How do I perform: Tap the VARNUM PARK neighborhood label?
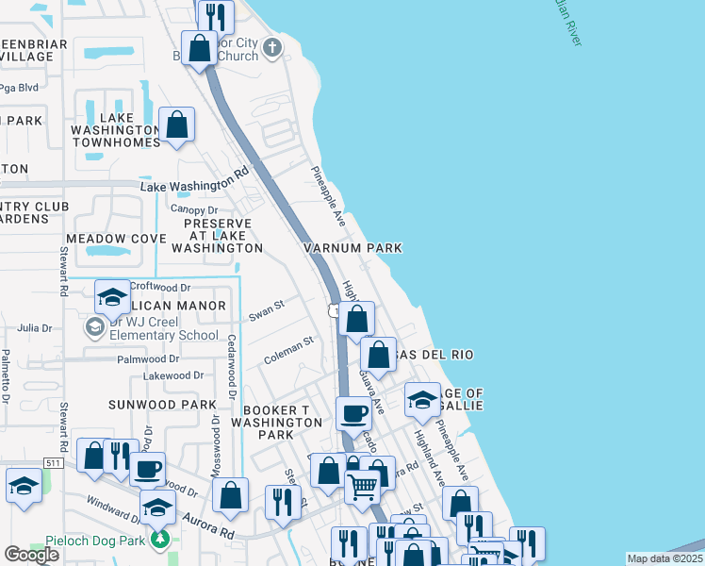click(352, 248)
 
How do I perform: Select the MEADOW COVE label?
click(116, 239)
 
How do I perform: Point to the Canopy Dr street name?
click(194, 209)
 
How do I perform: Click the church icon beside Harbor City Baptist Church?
click(271, 48)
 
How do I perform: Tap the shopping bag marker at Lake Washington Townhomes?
click(176, 125)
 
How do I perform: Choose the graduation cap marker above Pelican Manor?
click(112, 297)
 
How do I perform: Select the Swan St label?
click(266, 311)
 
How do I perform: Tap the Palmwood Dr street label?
click(148, 359)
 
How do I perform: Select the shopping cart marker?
click(363, 487)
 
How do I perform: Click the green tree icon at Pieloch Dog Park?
click(161, 539)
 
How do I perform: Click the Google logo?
click(31, 555)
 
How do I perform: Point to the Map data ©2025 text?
click(664, 558)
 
